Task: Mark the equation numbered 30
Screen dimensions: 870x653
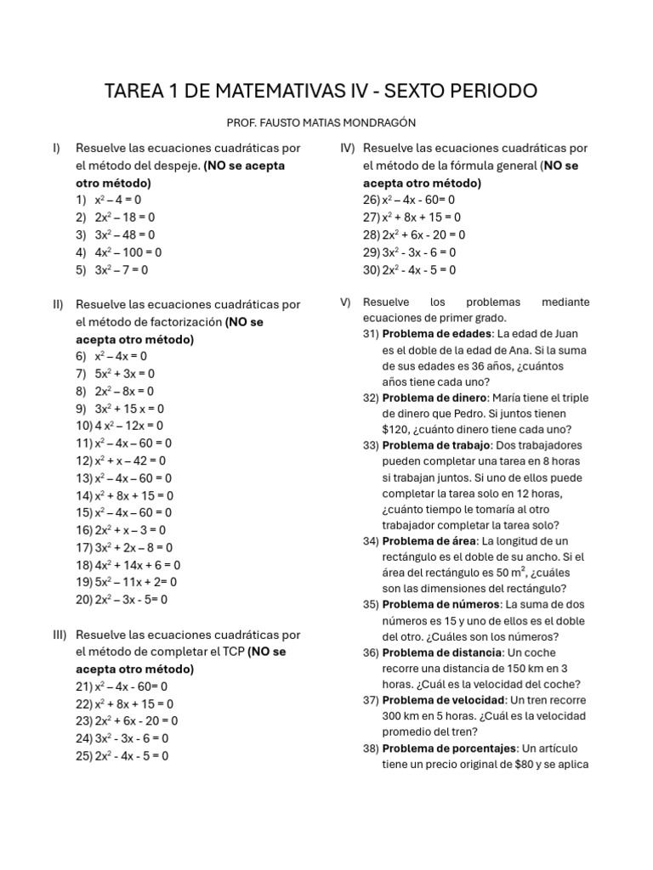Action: (x=409, y=269)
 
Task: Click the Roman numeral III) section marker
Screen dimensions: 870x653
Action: (x=60, y=635)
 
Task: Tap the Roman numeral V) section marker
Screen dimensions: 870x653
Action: (x=345, y=302)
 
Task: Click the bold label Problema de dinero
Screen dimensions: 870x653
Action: (x=434, y=398)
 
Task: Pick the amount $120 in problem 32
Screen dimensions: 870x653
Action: (x=396, y=430)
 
